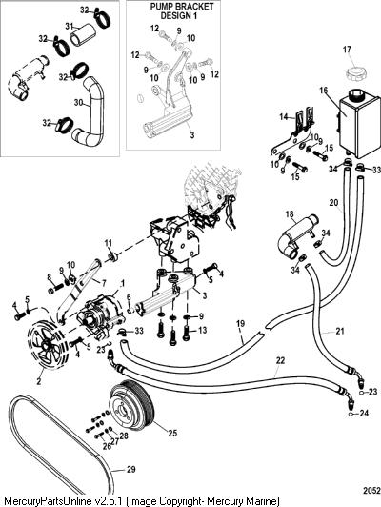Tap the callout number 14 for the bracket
284,116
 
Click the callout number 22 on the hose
280,360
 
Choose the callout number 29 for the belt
130,469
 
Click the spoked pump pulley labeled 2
46,344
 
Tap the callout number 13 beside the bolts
202,331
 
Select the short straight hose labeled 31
84,34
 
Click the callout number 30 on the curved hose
78,103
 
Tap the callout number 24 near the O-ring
364,413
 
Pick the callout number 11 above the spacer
109,243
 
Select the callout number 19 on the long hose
240,324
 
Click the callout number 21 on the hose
340,331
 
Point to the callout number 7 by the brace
104,283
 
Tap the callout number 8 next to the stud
50,277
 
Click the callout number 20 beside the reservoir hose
333,203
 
